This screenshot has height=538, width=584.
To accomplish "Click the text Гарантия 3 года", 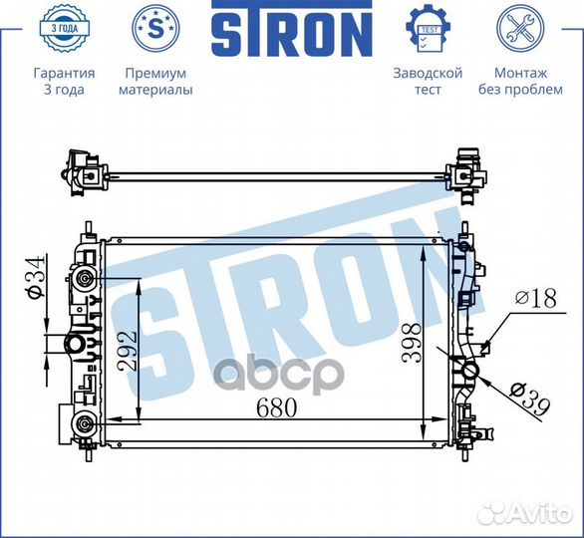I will (x=64, y=82).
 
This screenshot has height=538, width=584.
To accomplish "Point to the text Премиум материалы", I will (x=154, y=82).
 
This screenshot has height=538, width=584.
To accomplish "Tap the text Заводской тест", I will (x=429, y=82).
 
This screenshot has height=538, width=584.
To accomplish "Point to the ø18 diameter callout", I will (x=534, y=297).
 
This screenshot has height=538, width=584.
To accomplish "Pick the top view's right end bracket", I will (x=465, y=171).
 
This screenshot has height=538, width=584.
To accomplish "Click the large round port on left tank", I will (x=73, y=345).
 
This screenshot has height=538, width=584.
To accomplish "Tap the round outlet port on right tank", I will (x=467, y=373).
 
